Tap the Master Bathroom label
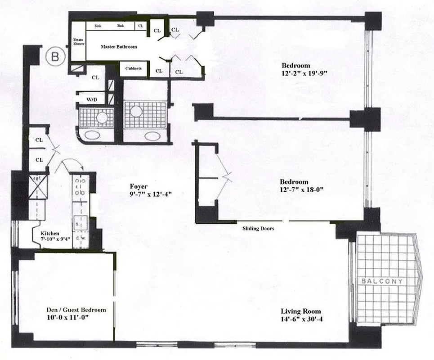pyautogui.click(x=118, y=47)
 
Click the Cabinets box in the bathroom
pyautogui.click(x=134, y=68)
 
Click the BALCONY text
pyautogui.click(x=381, y=281)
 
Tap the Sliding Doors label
pyautogui.click(x=258, y=229)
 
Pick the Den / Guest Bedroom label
pyautogui.click(x=76, y=310)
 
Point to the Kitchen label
pyautogui.click(x=49, y=234)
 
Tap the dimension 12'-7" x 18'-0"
pyautogui.click(x=302, y=189)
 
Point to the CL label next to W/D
pyautogui.click(x=95, y=77)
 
